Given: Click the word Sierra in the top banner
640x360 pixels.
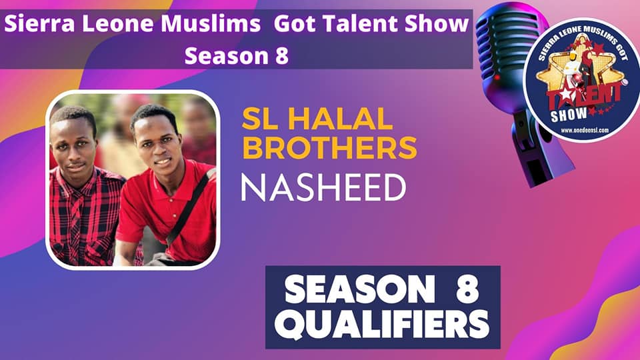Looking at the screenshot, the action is [x=39, y=24].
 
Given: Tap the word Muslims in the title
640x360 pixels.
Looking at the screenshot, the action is [x=210, y=24].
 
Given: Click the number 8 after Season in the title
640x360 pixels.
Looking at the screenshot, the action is [x=281, y=55].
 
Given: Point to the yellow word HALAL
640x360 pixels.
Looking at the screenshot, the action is [x=341, y=119].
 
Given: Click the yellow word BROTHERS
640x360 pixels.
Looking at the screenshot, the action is [x=329, y=147].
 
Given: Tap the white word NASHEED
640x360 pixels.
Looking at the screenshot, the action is [x=323, y=187].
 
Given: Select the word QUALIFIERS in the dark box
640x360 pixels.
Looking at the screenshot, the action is [x=382, y=325].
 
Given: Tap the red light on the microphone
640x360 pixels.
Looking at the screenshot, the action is [x=497, y=77].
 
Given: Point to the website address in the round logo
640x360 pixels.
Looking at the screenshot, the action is [x=585, y=131].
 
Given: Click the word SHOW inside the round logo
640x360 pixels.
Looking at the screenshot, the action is [x=569, y=115].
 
